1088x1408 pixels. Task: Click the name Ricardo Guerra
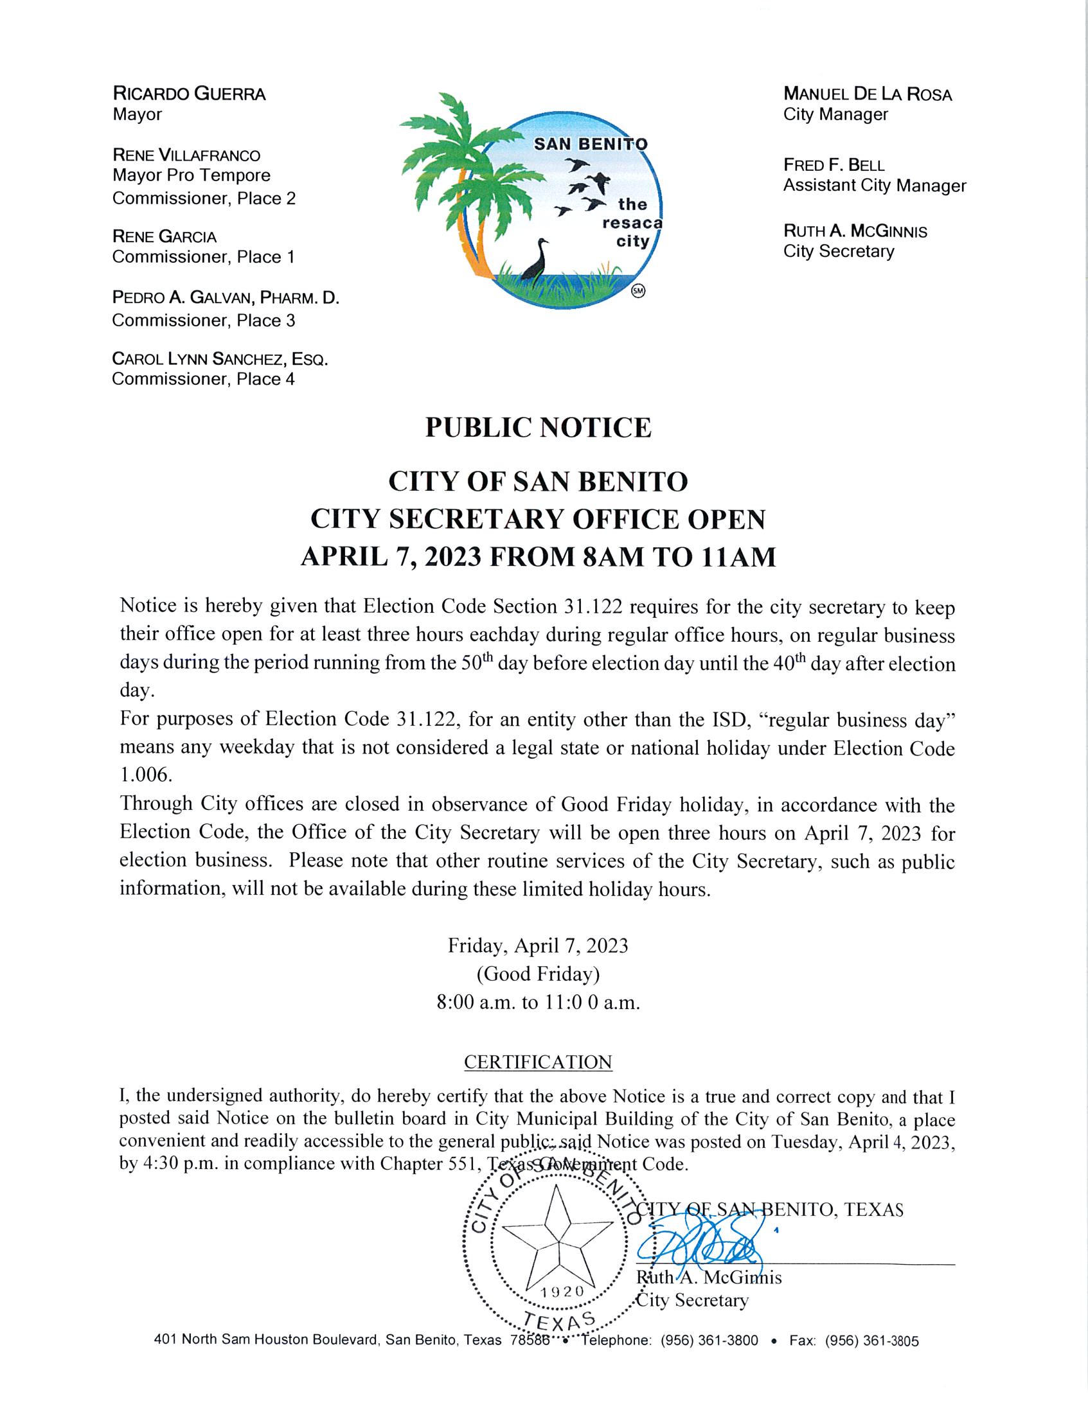point(188,94)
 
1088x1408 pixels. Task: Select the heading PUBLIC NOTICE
point(538,428)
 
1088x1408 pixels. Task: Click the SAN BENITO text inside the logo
point(590,145)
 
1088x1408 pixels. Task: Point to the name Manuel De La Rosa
point(867,94)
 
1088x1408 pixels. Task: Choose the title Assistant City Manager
point(874,186)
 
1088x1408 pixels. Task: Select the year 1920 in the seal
point(562,1291)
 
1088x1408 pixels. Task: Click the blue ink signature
point(700,1249)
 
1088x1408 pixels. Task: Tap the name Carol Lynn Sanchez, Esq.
point(219,359)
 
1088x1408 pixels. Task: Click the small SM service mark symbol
point(638,290)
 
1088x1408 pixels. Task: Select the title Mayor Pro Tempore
point(191,175)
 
